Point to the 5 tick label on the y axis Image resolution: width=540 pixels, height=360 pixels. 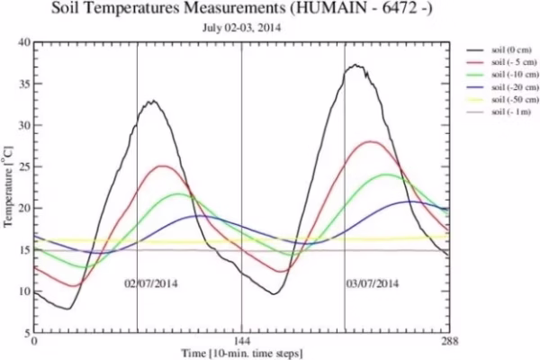coord(26,333)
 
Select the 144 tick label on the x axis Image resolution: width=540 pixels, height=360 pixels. coord(242,343)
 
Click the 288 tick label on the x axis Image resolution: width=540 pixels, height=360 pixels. coord(450,343)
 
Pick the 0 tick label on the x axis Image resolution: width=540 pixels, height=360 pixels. coord(34,343)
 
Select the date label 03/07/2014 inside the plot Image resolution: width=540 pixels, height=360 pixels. coord(372,283)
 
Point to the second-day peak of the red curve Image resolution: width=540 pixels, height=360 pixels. coord(372,141)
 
